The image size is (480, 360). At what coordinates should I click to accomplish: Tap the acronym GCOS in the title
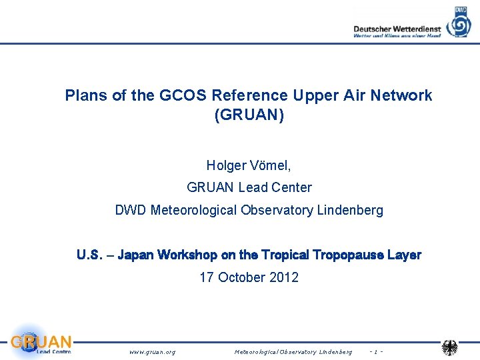coord(181,95)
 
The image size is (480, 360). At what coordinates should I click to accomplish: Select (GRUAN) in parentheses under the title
coord(249,115)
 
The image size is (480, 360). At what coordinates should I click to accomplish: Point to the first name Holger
coord(227,165)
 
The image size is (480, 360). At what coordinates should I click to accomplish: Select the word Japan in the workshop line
coord(138,255)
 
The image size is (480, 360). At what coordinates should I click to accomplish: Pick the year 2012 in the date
coord(284,277)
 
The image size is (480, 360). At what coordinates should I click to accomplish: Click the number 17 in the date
coord(207,277)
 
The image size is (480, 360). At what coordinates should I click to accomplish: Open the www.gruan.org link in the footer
coord(152,351)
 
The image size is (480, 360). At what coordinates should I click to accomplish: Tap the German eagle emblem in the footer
coord(450,347)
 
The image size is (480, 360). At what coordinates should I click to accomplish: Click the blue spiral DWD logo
coord(459,23)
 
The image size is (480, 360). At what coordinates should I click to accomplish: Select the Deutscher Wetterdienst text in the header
coord(397,29)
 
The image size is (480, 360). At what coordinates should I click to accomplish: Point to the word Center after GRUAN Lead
coord(291,187)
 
